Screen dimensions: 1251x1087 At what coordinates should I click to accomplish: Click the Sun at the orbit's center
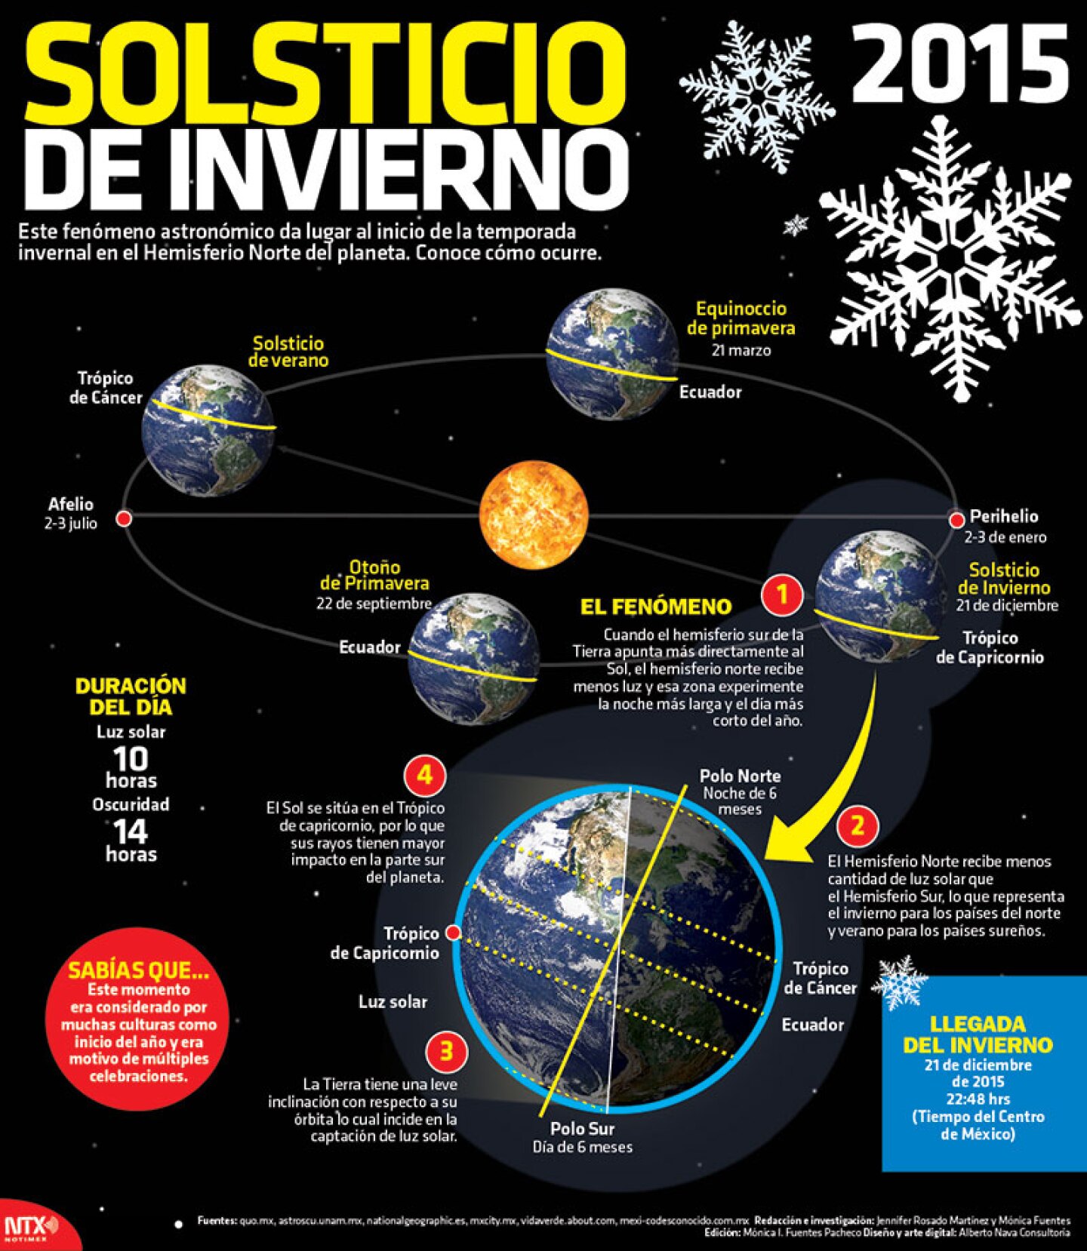click(x=534, y=515)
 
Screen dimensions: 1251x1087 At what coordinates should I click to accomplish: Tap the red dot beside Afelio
click(x=125, y=519)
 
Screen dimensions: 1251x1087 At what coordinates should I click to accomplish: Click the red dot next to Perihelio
click(x=956, y=520)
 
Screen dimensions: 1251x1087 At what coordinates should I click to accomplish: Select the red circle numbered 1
click(x=782, y=595)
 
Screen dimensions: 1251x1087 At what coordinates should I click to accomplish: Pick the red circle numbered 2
click(x=857, y=825)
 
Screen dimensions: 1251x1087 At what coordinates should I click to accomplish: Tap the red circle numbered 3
click(x=446, y=1051)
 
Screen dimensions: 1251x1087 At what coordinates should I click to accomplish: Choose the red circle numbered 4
click(x=424, y=775)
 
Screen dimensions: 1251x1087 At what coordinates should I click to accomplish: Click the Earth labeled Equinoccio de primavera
click(x=611, y=354)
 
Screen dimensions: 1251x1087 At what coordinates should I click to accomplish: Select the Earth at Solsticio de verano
click(x=208, y=430)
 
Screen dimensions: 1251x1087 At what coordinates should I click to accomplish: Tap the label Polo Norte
click(x=740, y=776)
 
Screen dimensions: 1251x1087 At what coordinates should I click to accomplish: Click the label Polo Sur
click(x=582, y=1129)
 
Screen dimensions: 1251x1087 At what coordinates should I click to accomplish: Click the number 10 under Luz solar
click(x=131, y=758)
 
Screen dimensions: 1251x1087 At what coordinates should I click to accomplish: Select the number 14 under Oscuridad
click(x=131, y=831)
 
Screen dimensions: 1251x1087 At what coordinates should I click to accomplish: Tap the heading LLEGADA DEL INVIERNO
click(x=978, y=1034)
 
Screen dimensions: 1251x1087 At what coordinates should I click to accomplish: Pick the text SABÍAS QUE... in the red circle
click(x=138, y=971)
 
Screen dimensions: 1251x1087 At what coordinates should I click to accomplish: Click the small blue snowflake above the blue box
click(x=898, y=982)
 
